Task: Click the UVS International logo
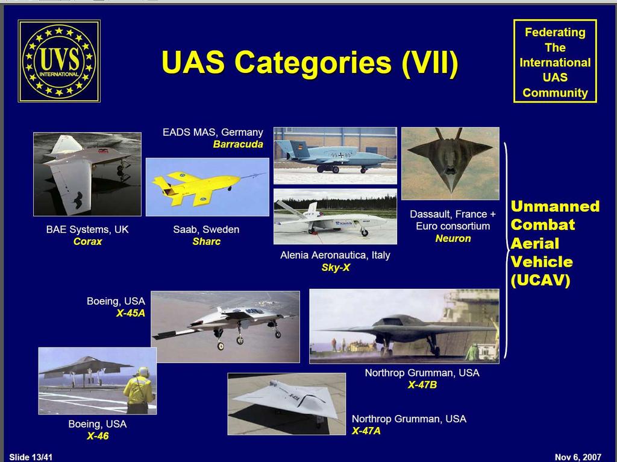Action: tap(59, 61)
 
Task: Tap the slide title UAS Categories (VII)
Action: tap(310, 63)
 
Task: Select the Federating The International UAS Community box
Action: tap(555, 62)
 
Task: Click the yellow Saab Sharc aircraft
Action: tap(197, 186)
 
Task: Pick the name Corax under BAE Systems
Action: tap(87, 241)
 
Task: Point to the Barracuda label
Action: tap(237, 144)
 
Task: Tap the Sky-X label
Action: tap(335, 267)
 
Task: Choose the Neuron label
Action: tap(453, 238)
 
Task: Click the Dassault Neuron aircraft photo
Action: tap(450, 163)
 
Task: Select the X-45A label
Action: tap(131, 313)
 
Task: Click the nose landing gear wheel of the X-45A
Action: tap(221, 346)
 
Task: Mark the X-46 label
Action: tap(98, 436)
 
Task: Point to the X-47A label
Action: tap(366, 431)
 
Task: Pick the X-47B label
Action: tap(422, 385)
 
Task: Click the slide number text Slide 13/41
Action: tap(31, 457)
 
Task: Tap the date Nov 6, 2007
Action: tap(578, 457)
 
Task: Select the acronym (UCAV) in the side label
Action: tap(540, 280)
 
